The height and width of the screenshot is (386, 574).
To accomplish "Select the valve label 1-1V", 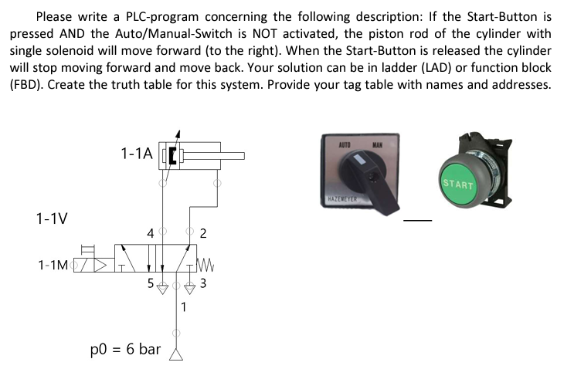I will click(51, 218).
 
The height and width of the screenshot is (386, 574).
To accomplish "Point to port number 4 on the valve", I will click(151, 232).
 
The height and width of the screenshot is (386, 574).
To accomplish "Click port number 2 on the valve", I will click(202, 233).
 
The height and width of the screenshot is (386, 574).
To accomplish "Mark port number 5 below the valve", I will click(151, 283).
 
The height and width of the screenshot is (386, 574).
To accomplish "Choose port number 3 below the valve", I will click(202, 283).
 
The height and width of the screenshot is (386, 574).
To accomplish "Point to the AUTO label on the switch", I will click(346, 144).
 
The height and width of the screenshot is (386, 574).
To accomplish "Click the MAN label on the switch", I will click(379, 144).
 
